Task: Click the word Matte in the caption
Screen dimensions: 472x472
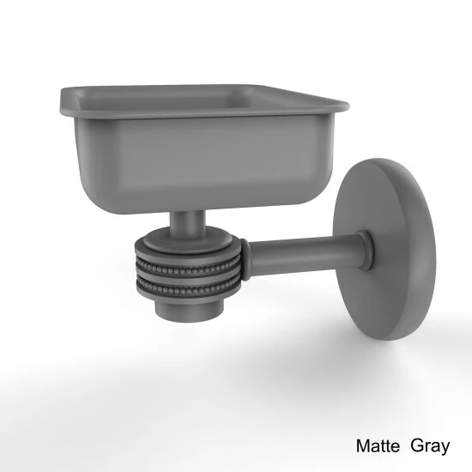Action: click(378, 445)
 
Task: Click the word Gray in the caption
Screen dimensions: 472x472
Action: click(430, 447)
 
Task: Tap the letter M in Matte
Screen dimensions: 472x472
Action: click(362, 445)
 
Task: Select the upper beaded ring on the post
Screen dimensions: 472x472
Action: click(187, 266)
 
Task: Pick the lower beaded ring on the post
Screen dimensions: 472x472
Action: click(186, 289)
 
